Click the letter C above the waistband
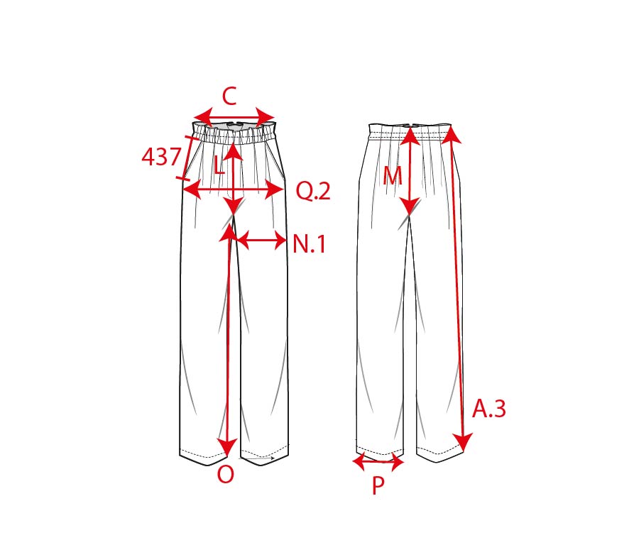[229, 97]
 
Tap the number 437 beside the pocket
[161, 156]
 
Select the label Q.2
[313, 191]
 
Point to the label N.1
[309, 243]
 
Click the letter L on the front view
[219, 165]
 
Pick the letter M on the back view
[393, 175]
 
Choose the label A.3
[489, 409]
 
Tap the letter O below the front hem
[226, 475]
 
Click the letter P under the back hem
[378, 485]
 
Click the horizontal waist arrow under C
[234, 118]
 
